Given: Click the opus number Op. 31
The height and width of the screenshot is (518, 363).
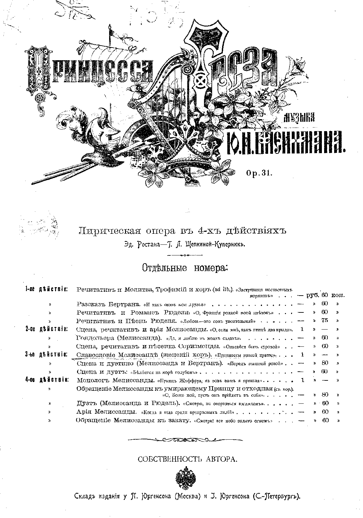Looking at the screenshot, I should [x=259, y=173].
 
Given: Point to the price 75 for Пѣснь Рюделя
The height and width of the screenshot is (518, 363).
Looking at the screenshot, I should [x=325, y=321].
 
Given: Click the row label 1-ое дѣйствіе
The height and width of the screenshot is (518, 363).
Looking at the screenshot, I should [x=46, y=289].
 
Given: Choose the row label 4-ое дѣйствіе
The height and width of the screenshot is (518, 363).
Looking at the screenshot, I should [x=46, y=379].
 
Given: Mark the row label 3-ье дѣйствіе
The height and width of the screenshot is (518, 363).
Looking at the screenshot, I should [x=46, y=355].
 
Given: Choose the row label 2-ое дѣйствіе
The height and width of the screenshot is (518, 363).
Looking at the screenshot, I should [x=46, y=330].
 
